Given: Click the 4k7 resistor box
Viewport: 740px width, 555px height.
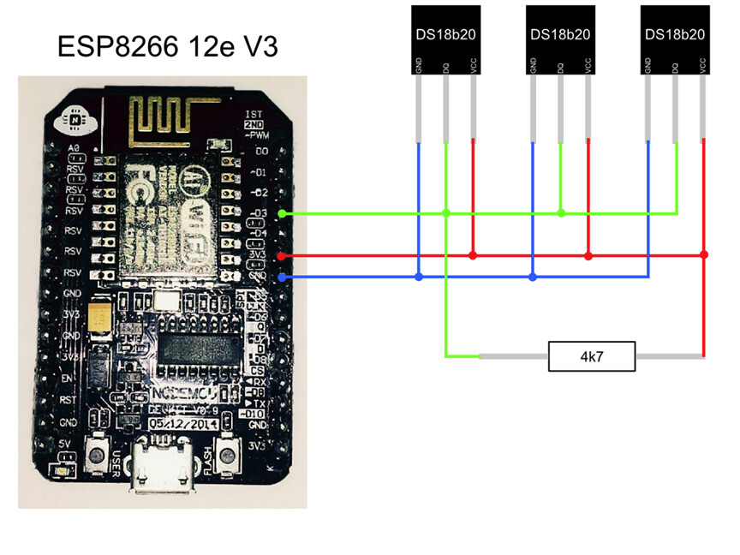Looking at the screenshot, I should pos(591,356).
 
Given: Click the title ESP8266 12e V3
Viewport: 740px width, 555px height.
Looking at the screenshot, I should pos(167,46).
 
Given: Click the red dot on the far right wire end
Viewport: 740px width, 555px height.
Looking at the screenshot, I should pos(703,255).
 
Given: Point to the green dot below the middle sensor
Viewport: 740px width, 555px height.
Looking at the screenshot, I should pos(560,213).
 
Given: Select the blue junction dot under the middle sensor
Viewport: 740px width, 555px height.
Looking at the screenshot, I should pos(533,277).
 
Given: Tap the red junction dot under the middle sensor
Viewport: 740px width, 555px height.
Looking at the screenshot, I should pos(588,255).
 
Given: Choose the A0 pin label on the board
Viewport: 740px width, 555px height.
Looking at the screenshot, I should pos(75,149).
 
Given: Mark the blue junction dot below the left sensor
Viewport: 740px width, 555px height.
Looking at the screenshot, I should pos(418,277).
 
